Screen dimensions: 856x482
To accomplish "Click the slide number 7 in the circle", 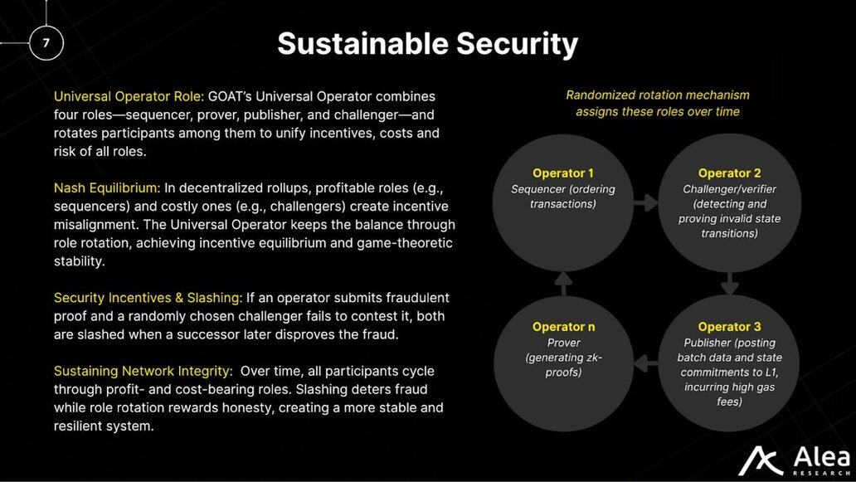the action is pyautogui.click(x=46, y=42).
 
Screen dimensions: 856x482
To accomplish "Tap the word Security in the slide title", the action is pyautogui.click(x=517, y=45).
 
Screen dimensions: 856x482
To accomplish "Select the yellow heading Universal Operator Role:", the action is pyautogui.click(x=129, y=96).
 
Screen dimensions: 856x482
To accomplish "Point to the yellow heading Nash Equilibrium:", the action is pyautogui.click(x=107, y=188).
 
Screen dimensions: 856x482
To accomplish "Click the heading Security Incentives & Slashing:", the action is pyautogui.click(x=148, y=298).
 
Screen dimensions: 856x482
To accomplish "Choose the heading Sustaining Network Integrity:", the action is pyautogui.click(x=143, y=371).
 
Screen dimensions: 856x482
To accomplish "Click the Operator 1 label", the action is pyautogui.click(x=563, y=173).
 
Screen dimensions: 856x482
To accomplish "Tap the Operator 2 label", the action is pyautogui.click(x=729, y=173).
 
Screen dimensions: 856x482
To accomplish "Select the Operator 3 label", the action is pyautogui.click(x=729, y=326).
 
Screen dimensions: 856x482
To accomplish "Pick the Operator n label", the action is pyautogui.click(x=563, y=326).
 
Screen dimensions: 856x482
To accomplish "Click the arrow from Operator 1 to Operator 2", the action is pyautogui.click(x=646, y=202).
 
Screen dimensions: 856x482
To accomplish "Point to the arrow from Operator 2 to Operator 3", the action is pyautogui.click(x=729, y=283).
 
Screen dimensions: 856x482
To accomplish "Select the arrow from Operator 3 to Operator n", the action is pyautogui.click(x=646, y=363).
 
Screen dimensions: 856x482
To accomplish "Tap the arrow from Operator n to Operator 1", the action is pyautogui.click(x=563, y=283).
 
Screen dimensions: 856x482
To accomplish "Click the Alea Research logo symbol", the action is pyautogui.click(x=760, y=461).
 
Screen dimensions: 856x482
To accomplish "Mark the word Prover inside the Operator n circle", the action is pyautogui.click(x=563, y=343).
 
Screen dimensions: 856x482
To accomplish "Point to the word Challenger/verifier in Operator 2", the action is pyautogui.click(x=729, y=189).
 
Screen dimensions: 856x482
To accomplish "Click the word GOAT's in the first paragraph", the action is pyautogui.click(x=230, y=96).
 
